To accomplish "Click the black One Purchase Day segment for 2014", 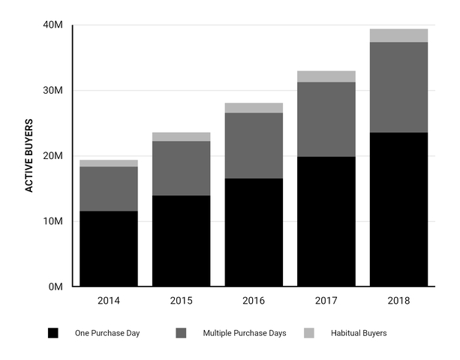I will [109, 248].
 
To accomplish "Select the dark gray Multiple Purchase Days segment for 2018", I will [398, 87].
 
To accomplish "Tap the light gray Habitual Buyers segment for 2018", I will [398, 35].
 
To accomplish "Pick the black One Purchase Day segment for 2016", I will [254, 232].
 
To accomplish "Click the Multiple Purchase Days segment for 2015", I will [181, 168].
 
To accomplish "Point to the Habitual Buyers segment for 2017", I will [326, 76].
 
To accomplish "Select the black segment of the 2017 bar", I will [326, 221].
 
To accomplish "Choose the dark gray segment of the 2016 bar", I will [254, 145].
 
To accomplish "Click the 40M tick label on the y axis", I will [53, 26].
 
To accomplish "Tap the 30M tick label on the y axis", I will [53, 91].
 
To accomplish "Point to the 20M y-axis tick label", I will [53, 156].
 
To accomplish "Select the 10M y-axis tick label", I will [53, 221].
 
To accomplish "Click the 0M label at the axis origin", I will [56, 286].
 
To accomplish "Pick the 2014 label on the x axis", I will [109, 301].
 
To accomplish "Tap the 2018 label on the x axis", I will [398, 301].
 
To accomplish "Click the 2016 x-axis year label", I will [254, 301].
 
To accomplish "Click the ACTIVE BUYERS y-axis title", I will [29, 155].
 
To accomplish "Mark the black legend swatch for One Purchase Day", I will [53, 332].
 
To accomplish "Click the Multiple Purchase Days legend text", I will [245, 332].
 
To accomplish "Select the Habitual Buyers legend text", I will [359, 332].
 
